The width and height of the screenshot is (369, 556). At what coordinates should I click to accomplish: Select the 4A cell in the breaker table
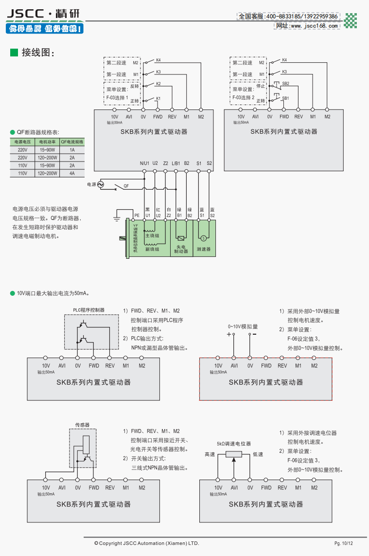pos(72,173)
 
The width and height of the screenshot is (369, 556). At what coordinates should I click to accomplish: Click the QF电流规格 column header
pos(72,142)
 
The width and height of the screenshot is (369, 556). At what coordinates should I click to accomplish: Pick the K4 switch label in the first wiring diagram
pos(158,60)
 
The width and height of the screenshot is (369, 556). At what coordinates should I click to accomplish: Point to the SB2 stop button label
pos(286,83)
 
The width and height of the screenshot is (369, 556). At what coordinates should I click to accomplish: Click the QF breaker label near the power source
pos(126,186)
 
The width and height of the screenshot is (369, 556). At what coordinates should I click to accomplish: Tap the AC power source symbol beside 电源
pos(101,184)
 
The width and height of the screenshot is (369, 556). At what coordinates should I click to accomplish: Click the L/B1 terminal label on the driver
pos(176,163)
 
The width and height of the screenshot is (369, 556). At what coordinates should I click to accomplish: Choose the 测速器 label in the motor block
pos(204,249)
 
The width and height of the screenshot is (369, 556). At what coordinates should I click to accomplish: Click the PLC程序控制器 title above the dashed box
pos(88,310)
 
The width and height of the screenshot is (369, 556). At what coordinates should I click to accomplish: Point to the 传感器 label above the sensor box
pos(83,425)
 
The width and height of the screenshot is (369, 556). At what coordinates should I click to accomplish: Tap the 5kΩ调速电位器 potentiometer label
pos(234,444)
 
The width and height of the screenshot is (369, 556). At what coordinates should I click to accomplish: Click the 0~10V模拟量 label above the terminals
pos(243,326)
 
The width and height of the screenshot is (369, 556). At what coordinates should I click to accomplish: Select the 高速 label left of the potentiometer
pos(210,454)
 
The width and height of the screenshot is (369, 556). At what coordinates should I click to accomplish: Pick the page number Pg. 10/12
pos(343,543)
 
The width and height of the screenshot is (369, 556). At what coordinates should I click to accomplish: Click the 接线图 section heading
pos(37,53)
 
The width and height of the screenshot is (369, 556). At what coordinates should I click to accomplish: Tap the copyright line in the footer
pos(146,543)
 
